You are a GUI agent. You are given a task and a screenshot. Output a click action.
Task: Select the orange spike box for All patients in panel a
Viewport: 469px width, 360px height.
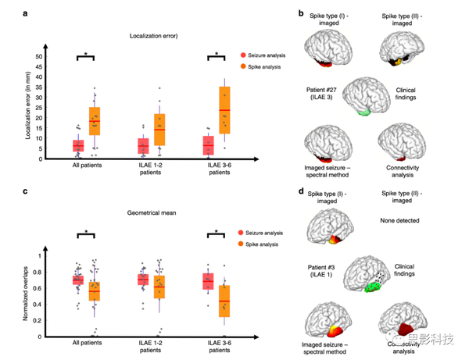tap(95, 121)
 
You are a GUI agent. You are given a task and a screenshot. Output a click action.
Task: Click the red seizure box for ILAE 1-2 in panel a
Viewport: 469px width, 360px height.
tap(143, 146)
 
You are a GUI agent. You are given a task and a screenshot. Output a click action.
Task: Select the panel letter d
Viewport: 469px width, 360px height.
tap(301, 190)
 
